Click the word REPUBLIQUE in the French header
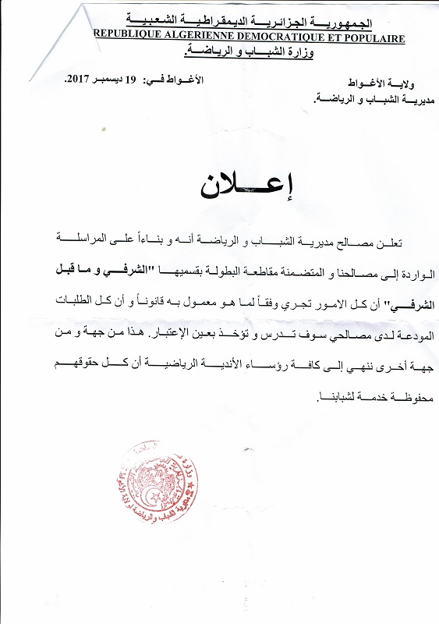coord(127,36)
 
